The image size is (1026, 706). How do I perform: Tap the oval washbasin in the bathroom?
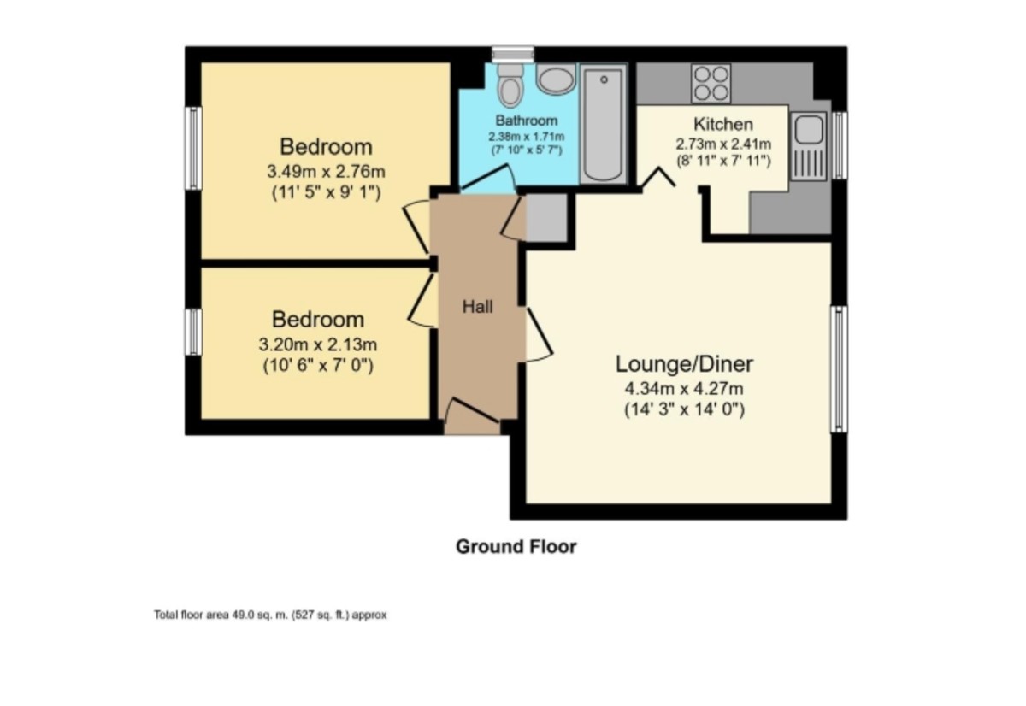tap(557, 80)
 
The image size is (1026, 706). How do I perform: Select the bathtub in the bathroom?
tap(603, 125)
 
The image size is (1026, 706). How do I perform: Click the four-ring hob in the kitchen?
tap(711, 83)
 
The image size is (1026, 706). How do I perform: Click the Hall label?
tap(477, 306)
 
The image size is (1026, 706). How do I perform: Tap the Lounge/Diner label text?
tap(684, 364)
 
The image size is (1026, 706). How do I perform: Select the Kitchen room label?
tap(722, 125)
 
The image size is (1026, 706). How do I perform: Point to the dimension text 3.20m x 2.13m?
tap(318, 345)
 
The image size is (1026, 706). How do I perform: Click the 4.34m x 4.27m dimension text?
tap(684, 390)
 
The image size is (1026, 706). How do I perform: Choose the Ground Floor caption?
tap(516, 547)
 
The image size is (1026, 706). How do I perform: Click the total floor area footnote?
tap(270, 615)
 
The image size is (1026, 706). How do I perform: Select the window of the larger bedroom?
tap(194, 147)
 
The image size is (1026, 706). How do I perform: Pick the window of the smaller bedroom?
tap(194, 332)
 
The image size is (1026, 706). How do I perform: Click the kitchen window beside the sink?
tap(840, 145)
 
